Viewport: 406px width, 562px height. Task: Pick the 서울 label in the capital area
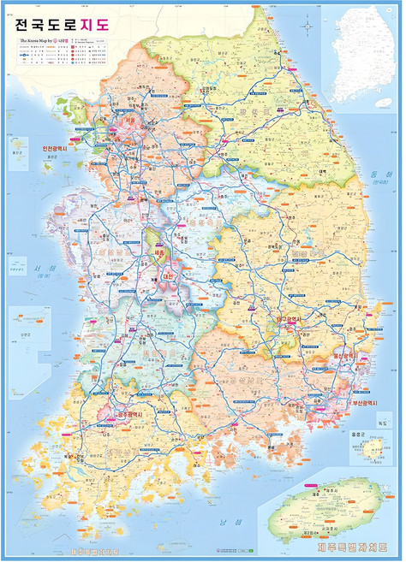[130, 122]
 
